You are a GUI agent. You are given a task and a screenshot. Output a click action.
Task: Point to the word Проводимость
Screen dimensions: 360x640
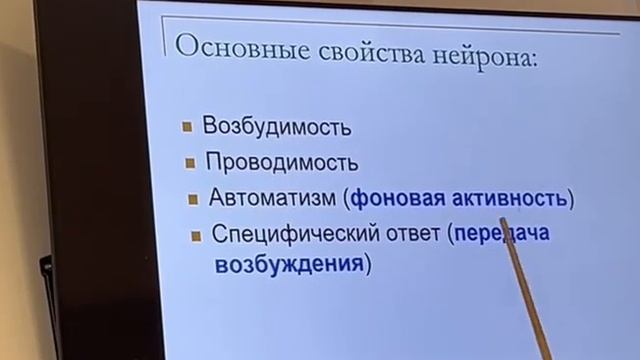click(x=281, y=162)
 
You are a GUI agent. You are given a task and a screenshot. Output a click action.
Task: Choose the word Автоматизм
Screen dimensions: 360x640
click(x=273, y=197)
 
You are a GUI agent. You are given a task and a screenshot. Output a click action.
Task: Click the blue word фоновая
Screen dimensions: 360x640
click(x=391, y=198)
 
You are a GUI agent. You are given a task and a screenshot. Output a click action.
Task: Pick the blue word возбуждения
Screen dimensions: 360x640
click(x=288, y=267)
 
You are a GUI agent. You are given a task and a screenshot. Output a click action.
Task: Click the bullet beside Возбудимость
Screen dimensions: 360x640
click(x=187, y=127)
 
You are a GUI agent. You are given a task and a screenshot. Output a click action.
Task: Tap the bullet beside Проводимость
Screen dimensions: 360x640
click(x=190, y=161)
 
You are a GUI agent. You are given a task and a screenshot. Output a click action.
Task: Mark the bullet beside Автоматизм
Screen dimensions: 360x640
click(x=193, y=197)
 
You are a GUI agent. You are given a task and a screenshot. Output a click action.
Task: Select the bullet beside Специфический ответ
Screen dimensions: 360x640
click(x=196, y=236)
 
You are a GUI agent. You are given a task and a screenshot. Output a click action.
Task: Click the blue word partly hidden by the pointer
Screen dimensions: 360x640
click(x=500, y=235)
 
